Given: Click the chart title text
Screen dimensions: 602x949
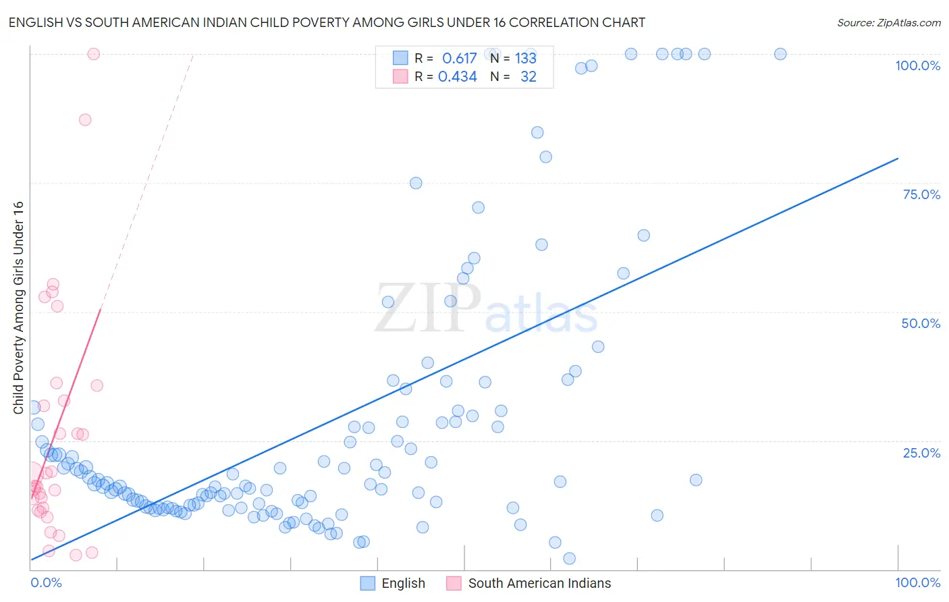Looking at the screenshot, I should pyautogui.click(x=327, y=22).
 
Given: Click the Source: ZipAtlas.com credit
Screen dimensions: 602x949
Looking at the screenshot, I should pyautogui.click(x=888, y=22).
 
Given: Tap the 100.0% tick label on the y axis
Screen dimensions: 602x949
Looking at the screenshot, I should pyautogui.click(x=917, y=65).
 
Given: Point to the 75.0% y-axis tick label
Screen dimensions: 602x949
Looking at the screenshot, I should pyautogui.click(x=921, y=194).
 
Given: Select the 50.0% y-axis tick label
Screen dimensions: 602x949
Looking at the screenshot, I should pyautogui.click(x=921, y=323).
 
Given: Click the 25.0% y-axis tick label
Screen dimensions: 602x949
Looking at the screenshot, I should pyautogui.click(x=921, y=452).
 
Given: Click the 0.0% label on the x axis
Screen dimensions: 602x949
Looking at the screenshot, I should pyautogui.click(x=46, y=582).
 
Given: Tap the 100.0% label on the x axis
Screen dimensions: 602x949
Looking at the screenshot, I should pyautogui.click(x=917, y=582).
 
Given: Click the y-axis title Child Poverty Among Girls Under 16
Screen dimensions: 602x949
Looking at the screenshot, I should pyautogui.click(x=18, y=308).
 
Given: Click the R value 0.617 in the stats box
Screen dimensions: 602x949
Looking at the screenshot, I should pyautogui.click(x=459, y=58).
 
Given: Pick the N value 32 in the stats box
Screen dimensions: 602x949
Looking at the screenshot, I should pyautogui.click(x=528, y=77).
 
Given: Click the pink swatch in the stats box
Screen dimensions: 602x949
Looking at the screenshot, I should pyautogui.click(x=400, y=77).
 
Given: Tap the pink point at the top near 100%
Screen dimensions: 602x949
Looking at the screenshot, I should pyautogui.click(x=94, y=54).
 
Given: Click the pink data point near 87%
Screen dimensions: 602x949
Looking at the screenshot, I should pyautogui.click(x=85, y=119).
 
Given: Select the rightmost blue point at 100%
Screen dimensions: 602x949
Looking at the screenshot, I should pyautogui.click(x=780, y=54).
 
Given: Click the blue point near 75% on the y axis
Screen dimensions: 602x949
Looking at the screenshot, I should pyautogui.click(x=416, y=183).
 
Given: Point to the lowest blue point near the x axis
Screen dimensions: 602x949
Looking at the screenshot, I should pyautogui.click(x=569, y=558).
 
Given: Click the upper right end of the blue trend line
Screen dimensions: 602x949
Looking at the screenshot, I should pyautogui.click(x=898, y=159).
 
